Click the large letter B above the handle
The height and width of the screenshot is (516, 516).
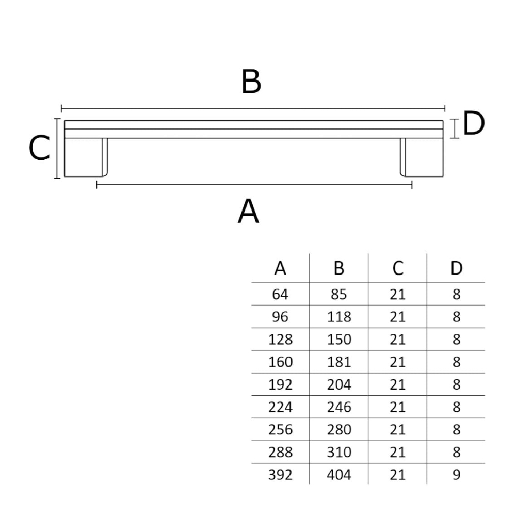coord(251,82)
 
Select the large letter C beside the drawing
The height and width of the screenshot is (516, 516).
coord(39,149)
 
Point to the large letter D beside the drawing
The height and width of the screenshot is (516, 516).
coord(474,124)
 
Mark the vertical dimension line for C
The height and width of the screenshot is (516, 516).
coord(57,148)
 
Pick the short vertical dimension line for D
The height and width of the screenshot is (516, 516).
coord(454,128)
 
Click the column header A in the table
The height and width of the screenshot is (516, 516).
coord(280,268)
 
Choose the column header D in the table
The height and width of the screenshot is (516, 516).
coord(456,268)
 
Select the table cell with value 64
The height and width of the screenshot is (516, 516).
coord(280,294)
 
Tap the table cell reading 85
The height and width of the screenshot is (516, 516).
coord(339,294)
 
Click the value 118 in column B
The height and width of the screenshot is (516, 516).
coord(339,317)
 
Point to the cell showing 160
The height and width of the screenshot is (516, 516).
coord(280,362)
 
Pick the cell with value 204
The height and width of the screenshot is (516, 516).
coord(339,384)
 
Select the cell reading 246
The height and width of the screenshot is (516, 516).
coord(339,407)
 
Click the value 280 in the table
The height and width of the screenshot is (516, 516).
coord(339,429)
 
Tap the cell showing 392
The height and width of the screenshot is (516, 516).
coord(280,475)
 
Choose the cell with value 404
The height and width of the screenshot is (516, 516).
coord(339,475)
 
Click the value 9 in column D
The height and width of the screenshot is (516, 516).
coord(456,475)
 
